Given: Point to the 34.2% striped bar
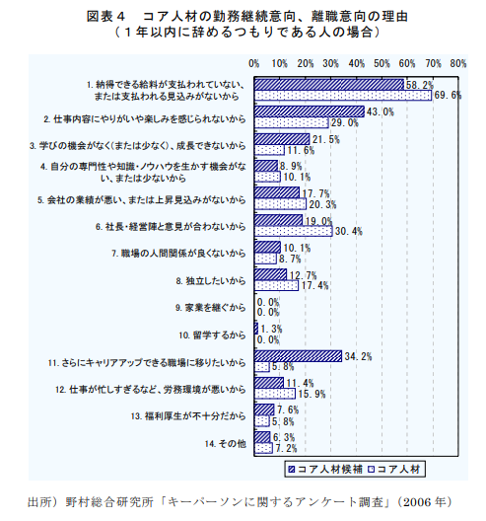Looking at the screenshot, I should pos(297,355).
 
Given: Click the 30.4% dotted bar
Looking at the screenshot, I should pos(293,231).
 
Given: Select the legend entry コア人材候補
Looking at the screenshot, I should pos(326,467).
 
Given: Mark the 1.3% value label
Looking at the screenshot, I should pos(272,329).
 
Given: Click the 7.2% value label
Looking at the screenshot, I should pos(286,448).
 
